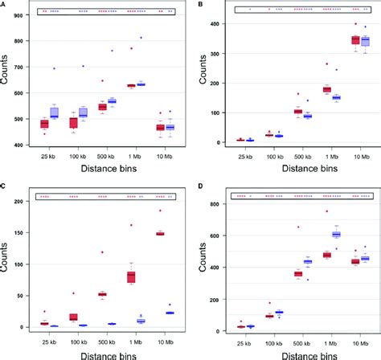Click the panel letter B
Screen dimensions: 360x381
coord(199,3)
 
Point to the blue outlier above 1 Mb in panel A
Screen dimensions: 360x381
coord(141,38)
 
